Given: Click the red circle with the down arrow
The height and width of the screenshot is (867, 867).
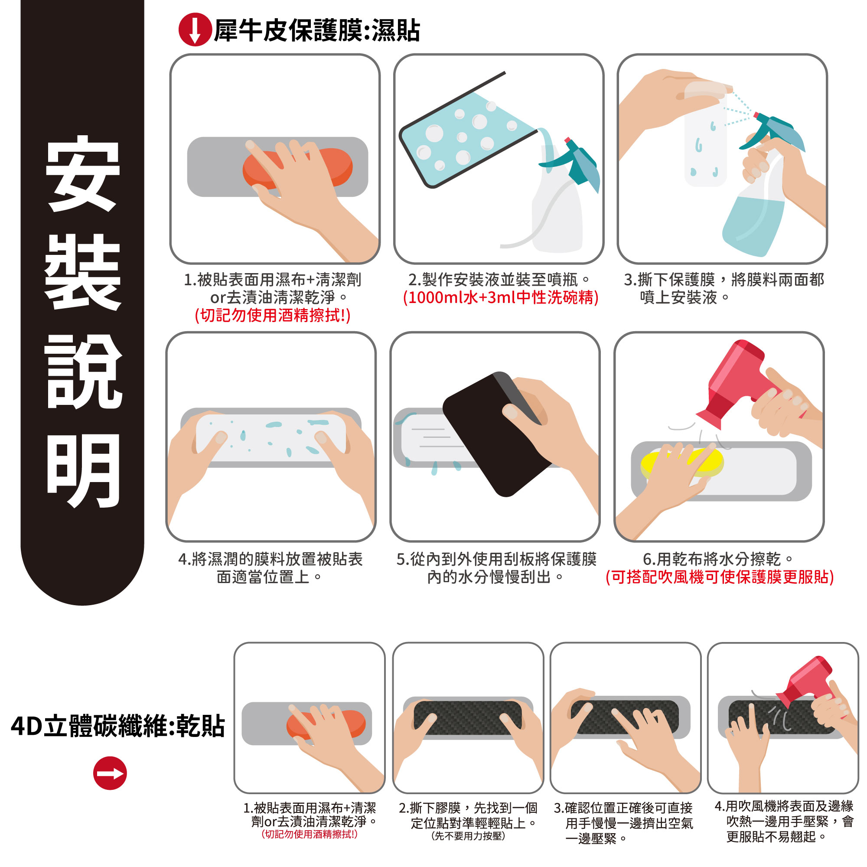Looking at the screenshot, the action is (195, 29).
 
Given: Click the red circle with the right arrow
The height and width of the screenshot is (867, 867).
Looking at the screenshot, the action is (110, 773).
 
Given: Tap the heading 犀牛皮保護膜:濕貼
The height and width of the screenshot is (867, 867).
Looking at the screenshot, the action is (317, 30).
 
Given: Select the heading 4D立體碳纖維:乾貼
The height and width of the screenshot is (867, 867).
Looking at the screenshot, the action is (117, 726).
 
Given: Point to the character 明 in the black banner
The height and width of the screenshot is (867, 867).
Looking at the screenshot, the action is (83, 471).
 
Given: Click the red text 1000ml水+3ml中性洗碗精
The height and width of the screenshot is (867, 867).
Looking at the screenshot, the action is (501, 297).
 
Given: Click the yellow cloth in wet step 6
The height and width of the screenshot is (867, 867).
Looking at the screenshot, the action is (682, 462).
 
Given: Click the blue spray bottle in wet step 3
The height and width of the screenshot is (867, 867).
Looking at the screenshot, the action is (758, 189).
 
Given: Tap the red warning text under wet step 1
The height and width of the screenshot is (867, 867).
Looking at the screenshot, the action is (272, 316).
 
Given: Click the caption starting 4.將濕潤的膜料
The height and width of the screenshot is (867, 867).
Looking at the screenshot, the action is (271, 568).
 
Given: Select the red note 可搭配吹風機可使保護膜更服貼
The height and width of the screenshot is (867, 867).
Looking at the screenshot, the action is (719, 577).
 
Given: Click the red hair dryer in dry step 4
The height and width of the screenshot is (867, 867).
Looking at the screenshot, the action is (808, 682).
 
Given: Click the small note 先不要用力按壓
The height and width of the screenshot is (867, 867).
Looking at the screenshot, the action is (468, 836).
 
